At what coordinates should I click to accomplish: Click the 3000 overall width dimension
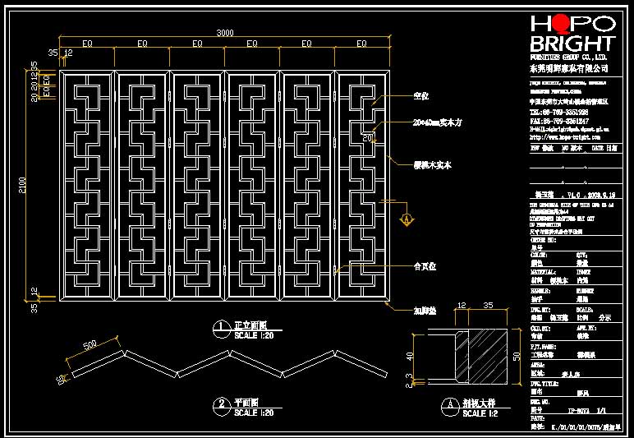(x=225, y=33)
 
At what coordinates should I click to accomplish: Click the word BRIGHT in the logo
(x=572, y=44)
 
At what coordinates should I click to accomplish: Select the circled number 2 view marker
(x=221, y=403)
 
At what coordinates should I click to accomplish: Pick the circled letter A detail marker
(x=449, y=404)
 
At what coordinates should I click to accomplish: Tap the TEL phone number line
(x=558, y=111)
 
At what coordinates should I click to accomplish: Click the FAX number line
(x=558, y=121)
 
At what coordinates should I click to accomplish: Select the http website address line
(x=560, y=137)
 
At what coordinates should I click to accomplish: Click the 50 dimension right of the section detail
(x=517, y=357)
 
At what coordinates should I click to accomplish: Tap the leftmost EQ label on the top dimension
(x=86, y=43)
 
